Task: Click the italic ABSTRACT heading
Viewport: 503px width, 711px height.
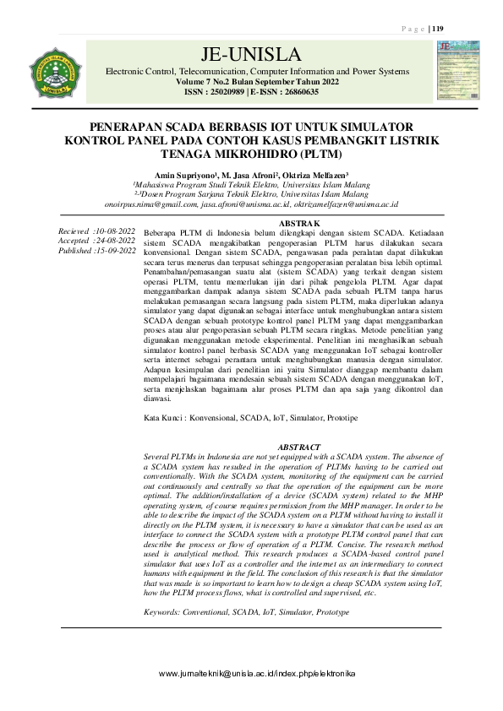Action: [300, 445]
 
